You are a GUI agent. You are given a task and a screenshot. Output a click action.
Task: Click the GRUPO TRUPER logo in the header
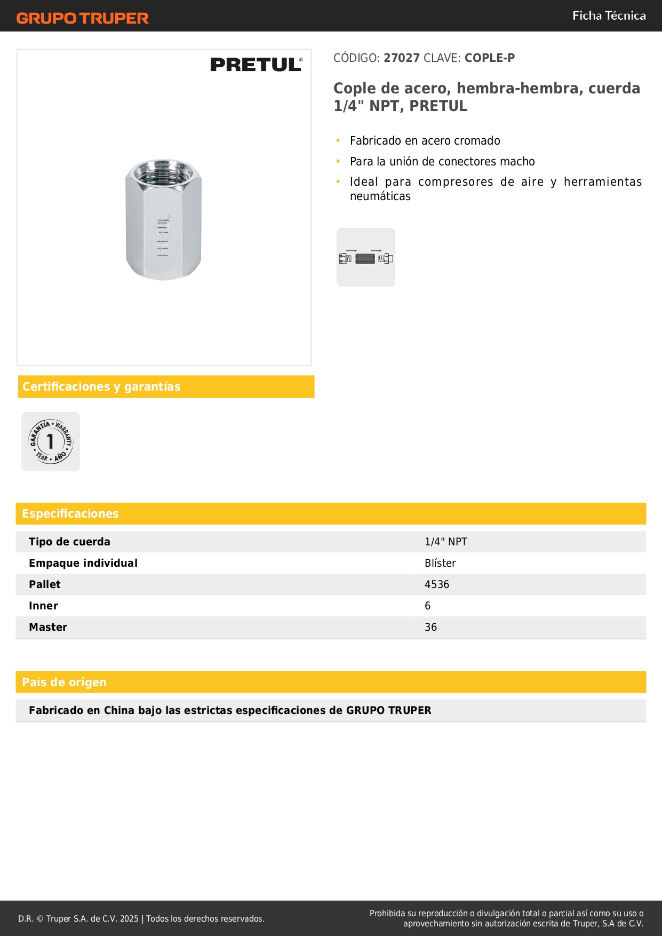coord(82,18)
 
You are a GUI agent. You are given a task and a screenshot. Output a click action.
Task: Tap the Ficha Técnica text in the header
coord(609,16)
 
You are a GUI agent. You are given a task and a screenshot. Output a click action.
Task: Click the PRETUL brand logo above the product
coord(256,65)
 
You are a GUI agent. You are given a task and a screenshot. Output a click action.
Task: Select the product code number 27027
coord(402,58)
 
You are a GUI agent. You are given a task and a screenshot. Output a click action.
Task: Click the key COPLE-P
coord(489,58)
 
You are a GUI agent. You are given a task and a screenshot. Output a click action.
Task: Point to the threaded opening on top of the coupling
coord(163,170)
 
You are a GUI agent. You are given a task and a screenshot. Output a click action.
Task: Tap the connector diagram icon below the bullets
coord(366,258)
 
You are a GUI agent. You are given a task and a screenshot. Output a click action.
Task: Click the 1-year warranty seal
coord(51,441)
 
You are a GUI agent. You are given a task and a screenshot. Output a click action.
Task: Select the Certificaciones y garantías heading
coord(101,387)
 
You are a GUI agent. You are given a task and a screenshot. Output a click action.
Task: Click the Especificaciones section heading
coord(70,514)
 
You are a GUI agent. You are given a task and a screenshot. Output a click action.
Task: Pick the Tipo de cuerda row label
coord(69,542)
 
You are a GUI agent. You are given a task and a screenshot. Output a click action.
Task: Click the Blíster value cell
coord(440,564)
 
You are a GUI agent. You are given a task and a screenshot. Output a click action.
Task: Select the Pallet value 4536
coord(437,585)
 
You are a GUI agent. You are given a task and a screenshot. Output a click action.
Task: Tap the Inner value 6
coord(428,606)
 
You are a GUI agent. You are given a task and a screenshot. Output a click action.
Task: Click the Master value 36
coord(430,628)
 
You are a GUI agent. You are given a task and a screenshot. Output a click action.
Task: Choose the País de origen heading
coord(64,683)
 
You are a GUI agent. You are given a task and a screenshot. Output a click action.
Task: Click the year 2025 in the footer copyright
coord(129,919)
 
